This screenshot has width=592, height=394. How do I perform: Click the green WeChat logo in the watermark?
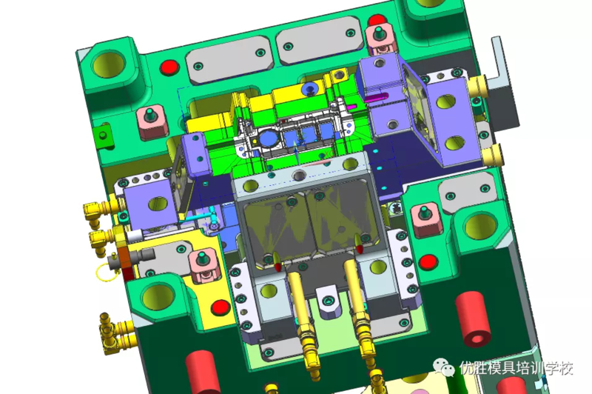coord(443,367)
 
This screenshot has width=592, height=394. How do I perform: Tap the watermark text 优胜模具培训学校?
coord(516,367)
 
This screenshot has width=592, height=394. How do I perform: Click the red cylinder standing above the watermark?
coord(473,319)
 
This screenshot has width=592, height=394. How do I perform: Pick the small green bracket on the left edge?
coord(104,136)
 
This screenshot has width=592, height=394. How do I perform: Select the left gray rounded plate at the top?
coord(229,61)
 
